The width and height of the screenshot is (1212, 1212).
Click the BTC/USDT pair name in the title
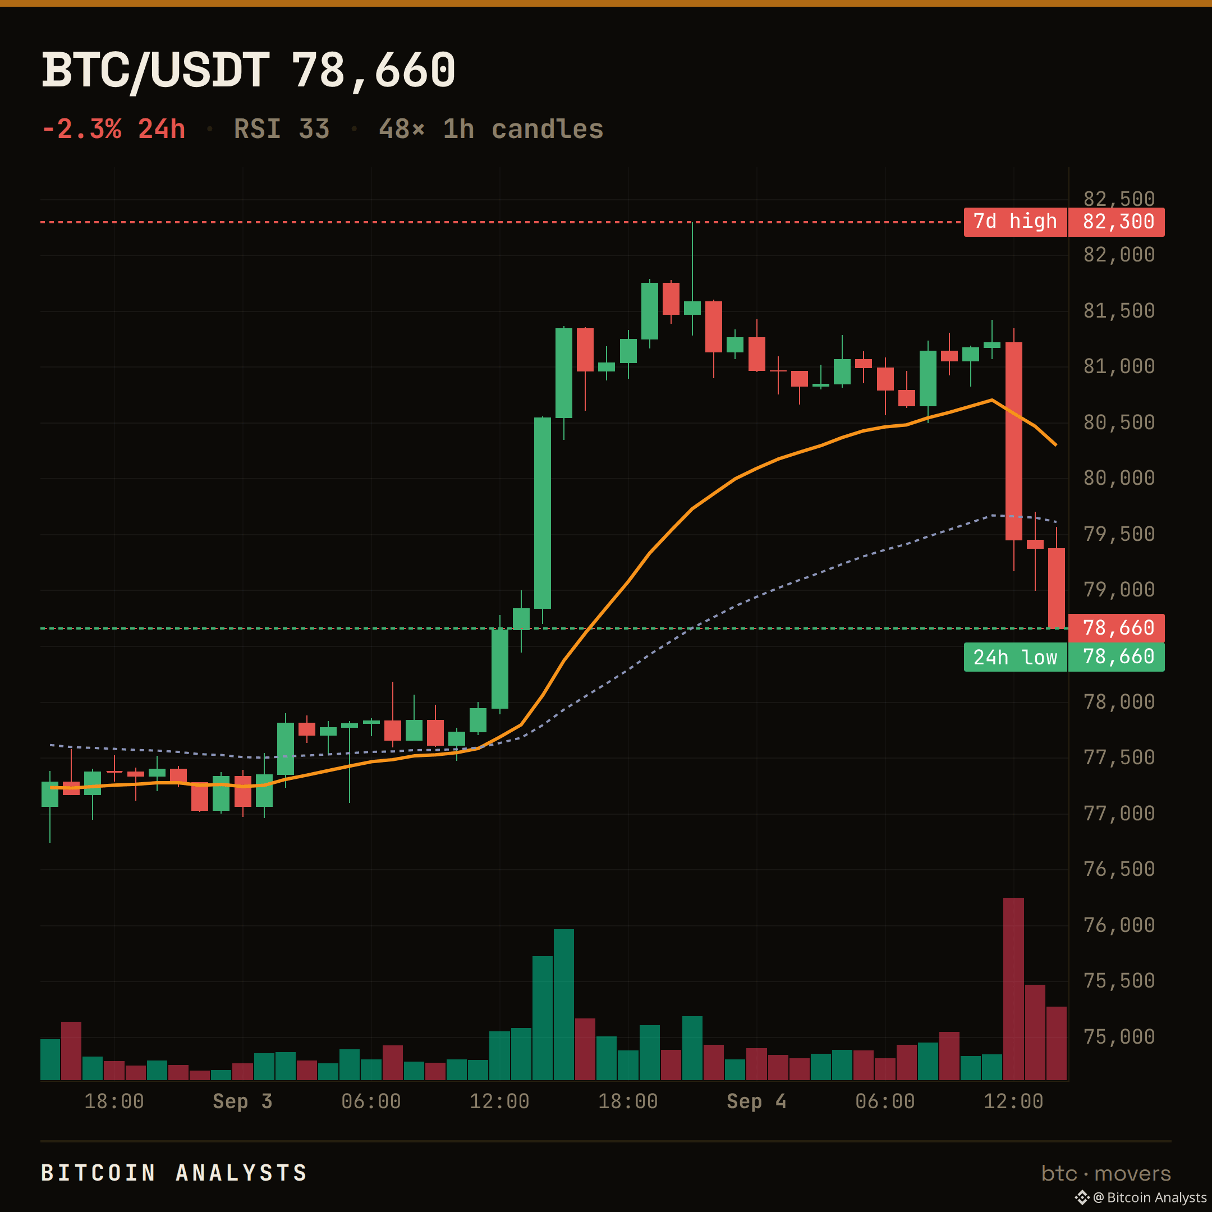point(155,70)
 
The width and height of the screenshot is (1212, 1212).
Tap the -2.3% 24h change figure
point(113,129)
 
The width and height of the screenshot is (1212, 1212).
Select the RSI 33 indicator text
point(282,129)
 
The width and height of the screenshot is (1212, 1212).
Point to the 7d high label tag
point(1015,222)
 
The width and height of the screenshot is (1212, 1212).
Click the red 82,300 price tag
point(1117,222)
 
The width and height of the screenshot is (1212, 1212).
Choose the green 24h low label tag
point(1015,657)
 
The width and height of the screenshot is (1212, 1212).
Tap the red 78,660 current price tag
point(1117,627)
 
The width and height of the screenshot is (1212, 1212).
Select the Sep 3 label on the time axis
point(242,1101)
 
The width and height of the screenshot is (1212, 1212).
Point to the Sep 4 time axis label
point(756,1101)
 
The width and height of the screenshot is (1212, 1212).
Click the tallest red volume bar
point(1014,989)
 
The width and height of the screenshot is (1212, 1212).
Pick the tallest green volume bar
point(564,1004)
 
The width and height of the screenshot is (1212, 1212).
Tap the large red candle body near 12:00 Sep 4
point(1014,441)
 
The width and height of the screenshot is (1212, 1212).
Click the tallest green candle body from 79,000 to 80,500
point(543,513)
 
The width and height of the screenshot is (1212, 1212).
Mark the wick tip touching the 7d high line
point(692,223)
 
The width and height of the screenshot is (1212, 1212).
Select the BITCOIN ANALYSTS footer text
point(174,1173)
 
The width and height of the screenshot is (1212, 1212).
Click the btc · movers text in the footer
point(1106,1173)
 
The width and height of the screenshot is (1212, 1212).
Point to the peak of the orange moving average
point(992,400)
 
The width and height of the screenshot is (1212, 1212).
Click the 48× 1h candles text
point(491,129)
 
